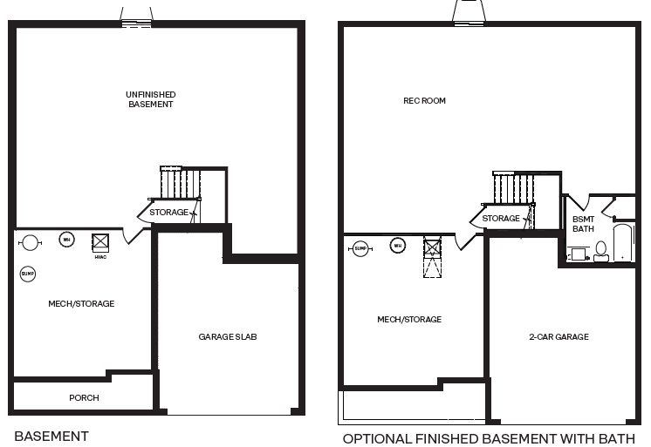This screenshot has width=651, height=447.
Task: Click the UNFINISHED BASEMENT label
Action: click(150, 99)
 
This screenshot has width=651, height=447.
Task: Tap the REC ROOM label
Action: click(424, 101)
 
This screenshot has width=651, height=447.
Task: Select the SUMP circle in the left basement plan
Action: click(27, 274)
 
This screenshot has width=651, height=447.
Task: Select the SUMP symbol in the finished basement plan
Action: click(360, 249)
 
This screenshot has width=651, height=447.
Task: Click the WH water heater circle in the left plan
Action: click(65, 240)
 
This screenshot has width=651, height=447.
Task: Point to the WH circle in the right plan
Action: click(398, 246)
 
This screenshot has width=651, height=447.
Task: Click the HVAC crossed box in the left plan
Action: click(99, 241)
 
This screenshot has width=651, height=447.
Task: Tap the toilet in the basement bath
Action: click(600, 251)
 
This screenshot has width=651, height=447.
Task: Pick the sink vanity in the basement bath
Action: click(577, 254)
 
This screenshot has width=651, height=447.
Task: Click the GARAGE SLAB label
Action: click(227, 336)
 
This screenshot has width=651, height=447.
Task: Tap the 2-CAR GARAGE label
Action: click(558, 336)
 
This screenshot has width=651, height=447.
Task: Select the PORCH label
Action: click(84, 398)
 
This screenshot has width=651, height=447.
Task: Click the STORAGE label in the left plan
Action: click(168, 213)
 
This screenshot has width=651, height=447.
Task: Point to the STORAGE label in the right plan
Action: click(501, 219)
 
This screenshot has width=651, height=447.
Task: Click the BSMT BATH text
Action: click(583, 224)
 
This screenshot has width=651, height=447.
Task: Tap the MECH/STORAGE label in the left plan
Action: click(81, 304)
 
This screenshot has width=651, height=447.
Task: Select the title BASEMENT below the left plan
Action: click(51, 435)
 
